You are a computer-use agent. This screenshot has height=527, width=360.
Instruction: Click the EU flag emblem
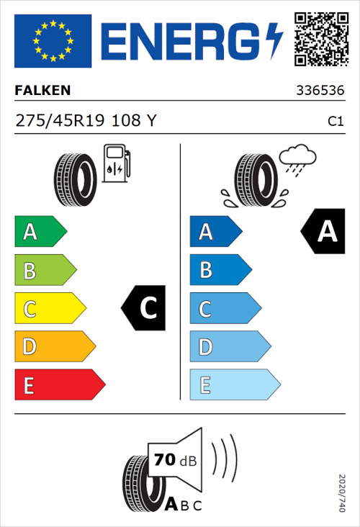tap(53, 40)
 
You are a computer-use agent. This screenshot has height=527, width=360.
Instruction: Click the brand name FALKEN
tap(43, 91)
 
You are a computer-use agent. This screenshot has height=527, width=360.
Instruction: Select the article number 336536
tap(320, 91)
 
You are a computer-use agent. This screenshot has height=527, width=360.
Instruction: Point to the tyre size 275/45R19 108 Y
tap(86, 121)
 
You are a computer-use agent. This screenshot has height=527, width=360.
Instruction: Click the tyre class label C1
tap(335, 122)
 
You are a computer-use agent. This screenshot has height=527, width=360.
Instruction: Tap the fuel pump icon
tap(117, 163)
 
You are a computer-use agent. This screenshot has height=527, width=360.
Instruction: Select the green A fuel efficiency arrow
tap(40, 232)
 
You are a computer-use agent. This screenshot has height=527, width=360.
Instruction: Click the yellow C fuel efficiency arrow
tap(49, 309)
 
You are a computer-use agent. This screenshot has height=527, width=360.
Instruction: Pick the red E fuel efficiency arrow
tap(59, 385)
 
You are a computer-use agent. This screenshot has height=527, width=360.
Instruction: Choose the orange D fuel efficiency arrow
tap(54, 347)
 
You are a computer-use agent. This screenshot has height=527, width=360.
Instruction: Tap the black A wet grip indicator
tap(323, 232)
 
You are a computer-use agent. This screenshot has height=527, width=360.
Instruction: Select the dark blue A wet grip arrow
tap(215, 232)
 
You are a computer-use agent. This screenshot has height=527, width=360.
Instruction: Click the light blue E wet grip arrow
tap(234, 385)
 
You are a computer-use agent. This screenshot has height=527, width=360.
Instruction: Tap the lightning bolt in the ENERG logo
tap(274, 40)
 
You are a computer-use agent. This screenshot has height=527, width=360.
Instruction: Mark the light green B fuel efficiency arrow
tap(45, 271)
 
